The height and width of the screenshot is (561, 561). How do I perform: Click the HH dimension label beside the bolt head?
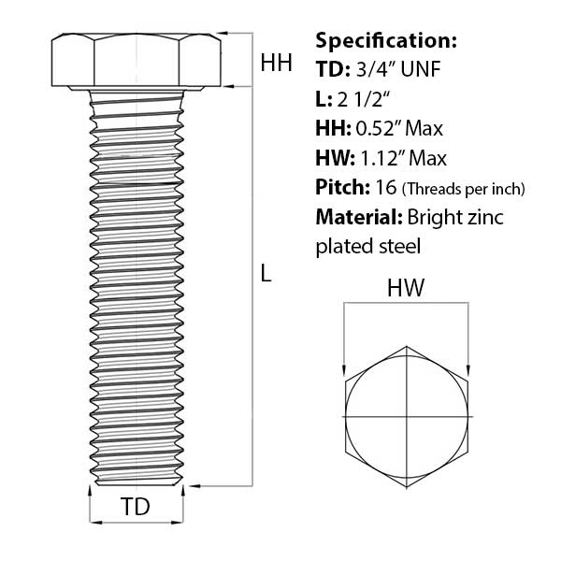pos(276,64)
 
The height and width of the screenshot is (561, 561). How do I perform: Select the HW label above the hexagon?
pos(407,290)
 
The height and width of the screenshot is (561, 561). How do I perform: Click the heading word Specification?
pos(386,41)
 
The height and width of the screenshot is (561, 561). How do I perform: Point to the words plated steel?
pos(368,247)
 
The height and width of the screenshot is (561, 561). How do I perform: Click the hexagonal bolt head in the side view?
pos(137,61)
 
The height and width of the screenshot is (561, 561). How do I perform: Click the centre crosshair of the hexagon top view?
pos(408,414)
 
